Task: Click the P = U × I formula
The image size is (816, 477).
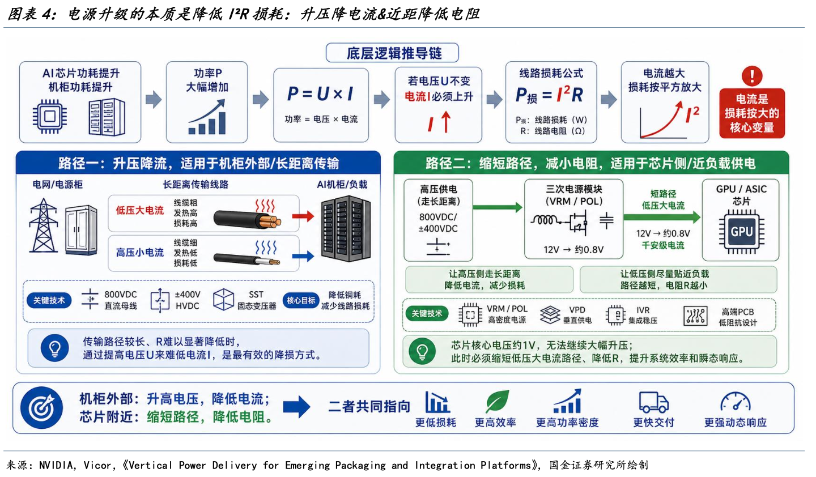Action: click(321, 93)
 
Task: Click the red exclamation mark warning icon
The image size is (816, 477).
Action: click(752, 76)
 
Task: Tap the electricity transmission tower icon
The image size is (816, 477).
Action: click(43, 225)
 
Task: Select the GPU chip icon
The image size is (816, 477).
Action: click(741, 231)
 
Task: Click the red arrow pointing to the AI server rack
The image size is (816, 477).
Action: click(303, 216)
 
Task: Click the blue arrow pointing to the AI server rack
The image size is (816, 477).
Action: click(303, 256)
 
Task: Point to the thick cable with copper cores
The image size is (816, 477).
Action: click(247, 219)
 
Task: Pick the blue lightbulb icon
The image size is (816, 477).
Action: click(54, 348)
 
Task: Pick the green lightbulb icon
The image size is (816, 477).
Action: click(422, 351)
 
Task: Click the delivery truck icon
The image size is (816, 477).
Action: click(653, 402)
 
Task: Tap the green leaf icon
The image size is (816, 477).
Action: click(497, 401)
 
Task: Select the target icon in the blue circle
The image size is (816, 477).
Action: click(41, 407)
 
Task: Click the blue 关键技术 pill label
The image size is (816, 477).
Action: click(49, 300)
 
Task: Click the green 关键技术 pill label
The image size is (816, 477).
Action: click(427, 313)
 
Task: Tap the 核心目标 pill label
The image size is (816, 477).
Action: click(301, 300)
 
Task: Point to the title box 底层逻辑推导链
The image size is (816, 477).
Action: click(392, 53)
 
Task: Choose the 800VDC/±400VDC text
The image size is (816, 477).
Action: click(437, 223)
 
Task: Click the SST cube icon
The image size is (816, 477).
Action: click(223, 300)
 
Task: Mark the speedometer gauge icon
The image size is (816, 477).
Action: click(735, 402)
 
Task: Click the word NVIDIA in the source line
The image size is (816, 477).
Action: click(56, 465)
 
